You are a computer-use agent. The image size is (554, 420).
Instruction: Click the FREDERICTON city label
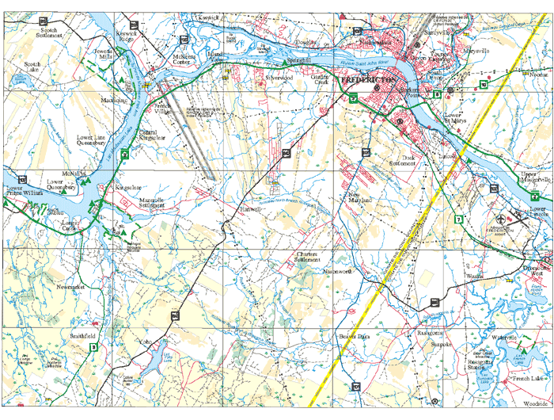[368, 81]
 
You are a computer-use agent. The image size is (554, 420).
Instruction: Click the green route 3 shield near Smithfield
[93, 347]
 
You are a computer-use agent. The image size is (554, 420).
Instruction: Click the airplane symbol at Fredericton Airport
[500, 218]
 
